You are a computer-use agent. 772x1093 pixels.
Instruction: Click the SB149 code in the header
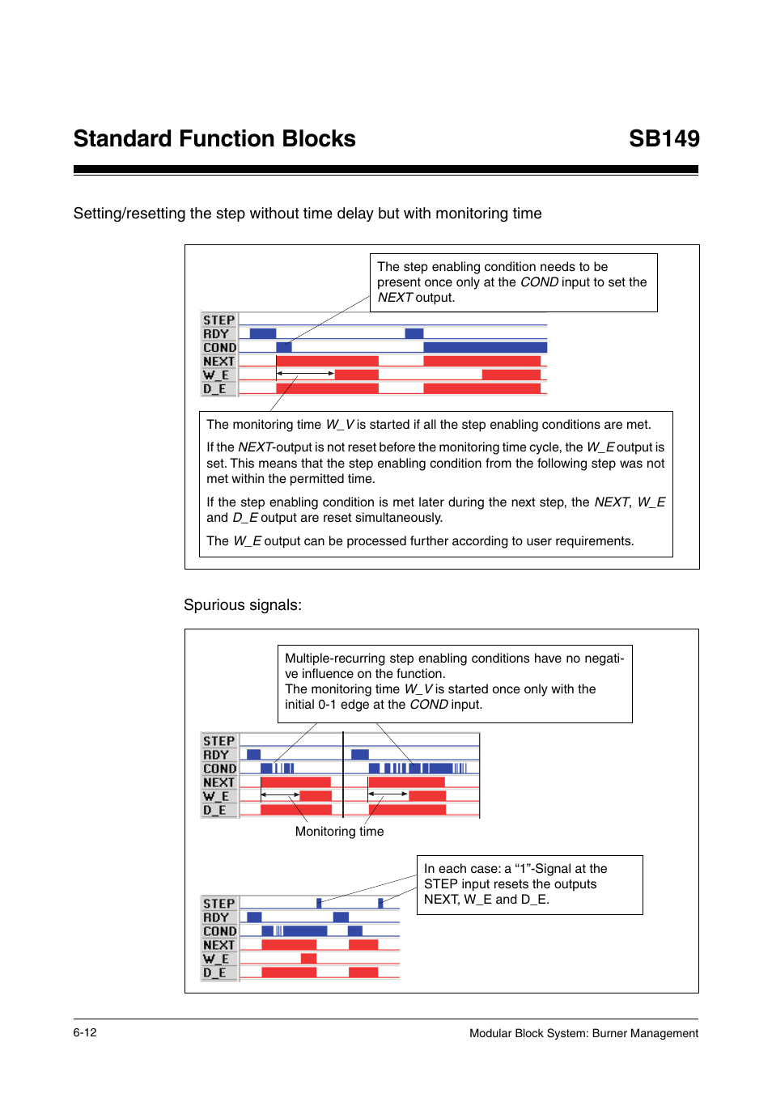[664, 139]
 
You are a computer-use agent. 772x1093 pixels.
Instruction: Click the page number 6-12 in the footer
[85, 1032]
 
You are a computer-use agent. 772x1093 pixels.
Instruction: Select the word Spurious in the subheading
[212, 605]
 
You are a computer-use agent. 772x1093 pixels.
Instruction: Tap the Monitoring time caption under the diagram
[339, 832]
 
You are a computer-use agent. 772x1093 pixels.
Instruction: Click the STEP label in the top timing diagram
[218, 320]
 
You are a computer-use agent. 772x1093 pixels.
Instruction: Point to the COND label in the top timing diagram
[219, 348]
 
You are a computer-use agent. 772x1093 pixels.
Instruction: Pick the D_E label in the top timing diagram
[215, 389]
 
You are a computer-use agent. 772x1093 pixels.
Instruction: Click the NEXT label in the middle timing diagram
[218, 782]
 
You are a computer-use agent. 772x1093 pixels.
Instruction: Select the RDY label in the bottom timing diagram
[216, 917]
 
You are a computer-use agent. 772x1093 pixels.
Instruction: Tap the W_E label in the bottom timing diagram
[216, 959]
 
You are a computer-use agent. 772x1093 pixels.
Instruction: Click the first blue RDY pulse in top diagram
[263, 333]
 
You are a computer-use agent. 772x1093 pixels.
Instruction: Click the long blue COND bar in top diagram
[485, 347]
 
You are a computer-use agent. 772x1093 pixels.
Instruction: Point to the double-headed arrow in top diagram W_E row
[305, 374]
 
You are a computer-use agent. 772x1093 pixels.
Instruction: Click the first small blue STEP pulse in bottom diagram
[319, 903]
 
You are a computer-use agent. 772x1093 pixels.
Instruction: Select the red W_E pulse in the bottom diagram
[308, 958]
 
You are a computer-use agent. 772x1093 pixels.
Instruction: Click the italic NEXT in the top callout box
[395, 298]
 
